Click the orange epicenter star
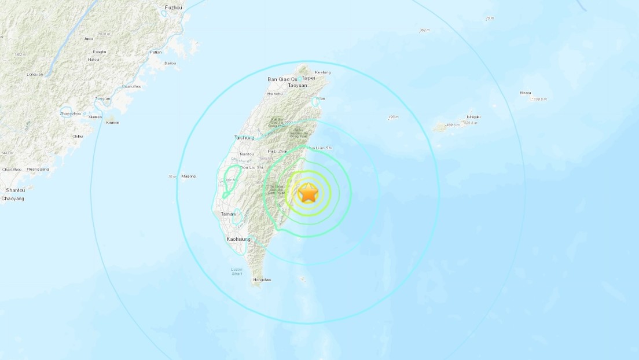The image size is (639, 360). tap(308, 193)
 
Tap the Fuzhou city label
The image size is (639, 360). tap(173, 8)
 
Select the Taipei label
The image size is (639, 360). tap(308, 78)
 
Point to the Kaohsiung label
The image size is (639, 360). tap(238, 238)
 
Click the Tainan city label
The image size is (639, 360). tap(228, 214)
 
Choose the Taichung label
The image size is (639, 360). tap(244, 137)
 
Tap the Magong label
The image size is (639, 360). tap(189, 176)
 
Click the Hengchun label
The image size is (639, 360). tap(262, 280)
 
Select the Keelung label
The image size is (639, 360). tap(323, 72)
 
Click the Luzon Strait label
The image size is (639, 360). tap(236, 271)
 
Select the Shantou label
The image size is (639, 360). tap(15, 190)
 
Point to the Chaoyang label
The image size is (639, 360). tap(13, 199)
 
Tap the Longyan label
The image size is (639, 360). tap(36, 75)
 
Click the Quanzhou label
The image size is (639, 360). tap(131, 87)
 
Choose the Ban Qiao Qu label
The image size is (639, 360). tap(282, 79)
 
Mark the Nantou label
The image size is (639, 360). tap(247, 154)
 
